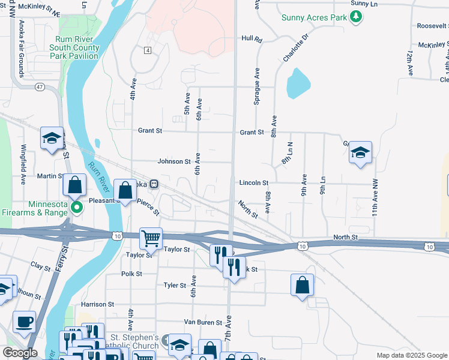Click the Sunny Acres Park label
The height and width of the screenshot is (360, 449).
coord(315,17)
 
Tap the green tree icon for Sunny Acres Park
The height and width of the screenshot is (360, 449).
coord(357,17)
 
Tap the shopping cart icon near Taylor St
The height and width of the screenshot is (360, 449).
coord(151,238)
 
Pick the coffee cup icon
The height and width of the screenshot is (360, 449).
coord(24,321)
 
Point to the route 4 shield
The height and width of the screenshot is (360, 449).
coord(147,50)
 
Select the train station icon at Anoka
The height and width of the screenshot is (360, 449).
coord(154,184)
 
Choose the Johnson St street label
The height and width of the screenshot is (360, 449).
coord(173,161)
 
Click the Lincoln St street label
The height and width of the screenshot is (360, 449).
coord(253,182)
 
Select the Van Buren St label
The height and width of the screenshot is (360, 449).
coord(203,322)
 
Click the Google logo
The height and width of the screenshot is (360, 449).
coord(20,353)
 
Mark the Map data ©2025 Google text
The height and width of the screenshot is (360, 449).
coord(411,355)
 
